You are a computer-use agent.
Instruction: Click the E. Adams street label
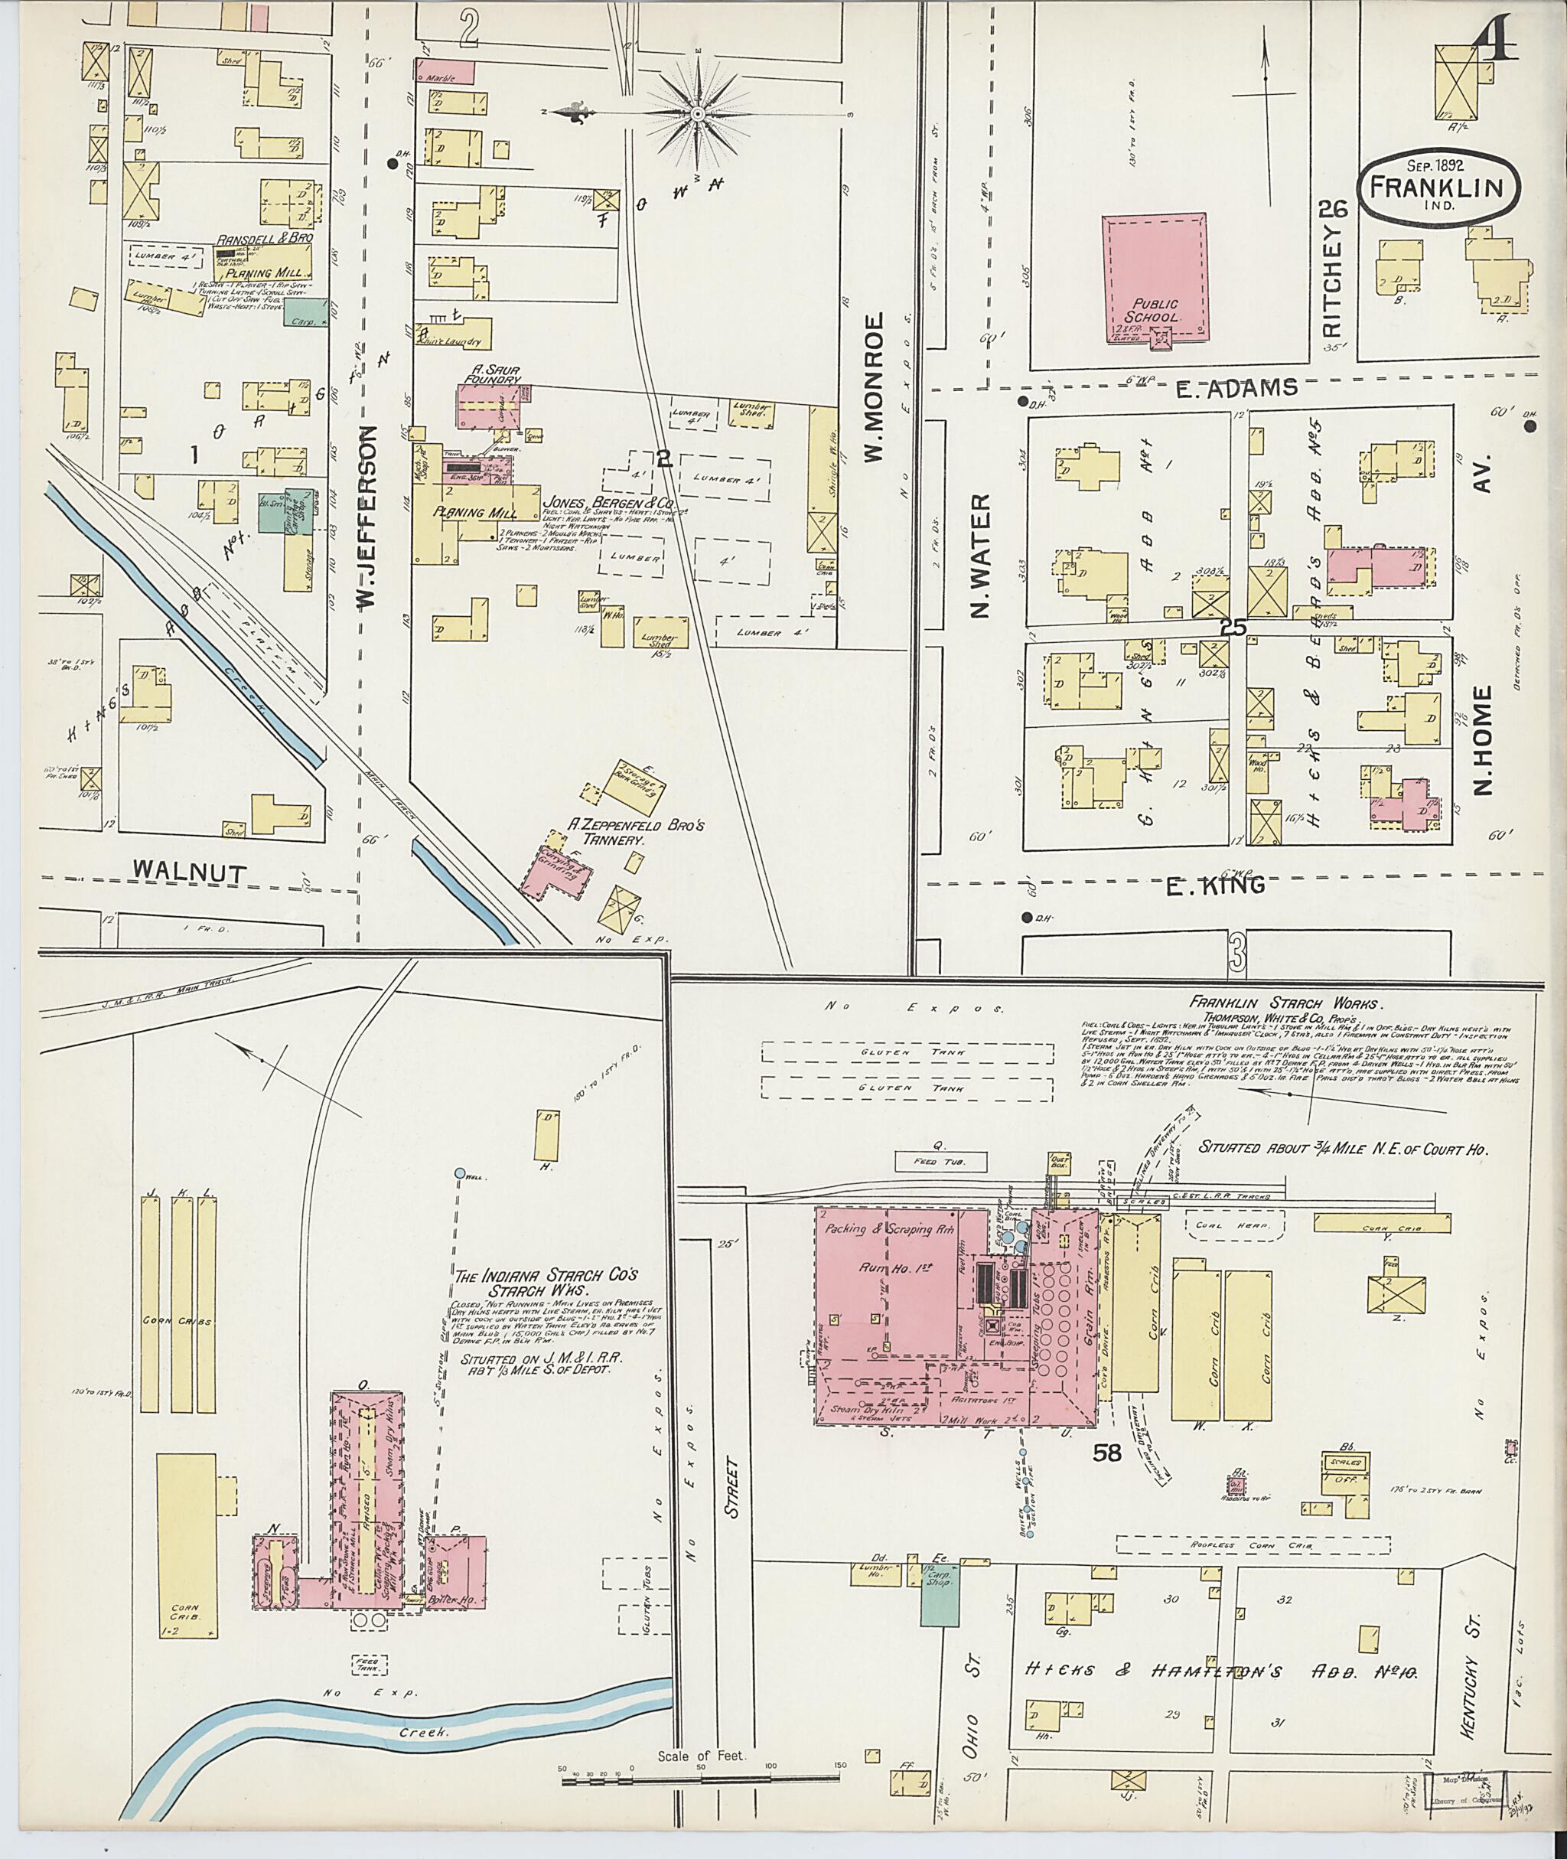pos(1243,387)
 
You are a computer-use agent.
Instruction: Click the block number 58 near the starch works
pos(1108,1453)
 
